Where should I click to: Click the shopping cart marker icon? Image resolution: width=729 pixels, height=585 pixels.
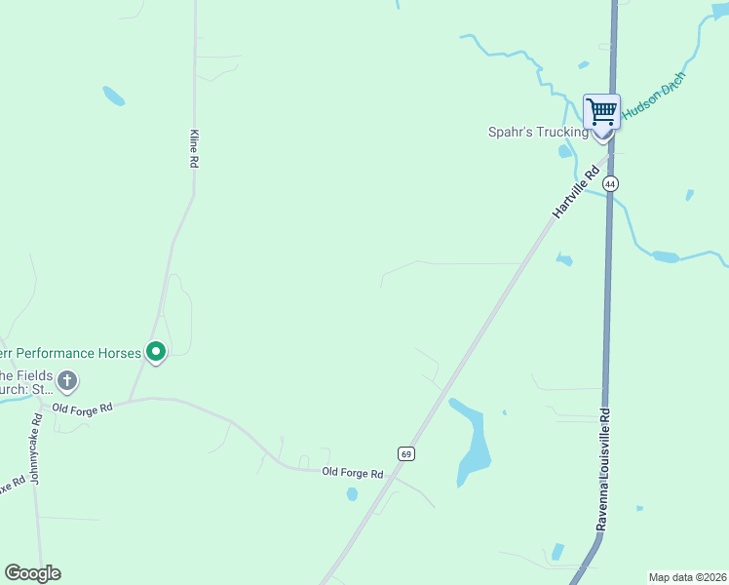click(601, 113)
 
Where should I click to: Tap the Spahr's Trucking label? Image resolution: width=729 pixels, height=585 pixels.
click(538, 133)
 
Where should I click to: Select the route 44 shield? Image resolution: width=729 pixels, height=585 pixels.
click(610, 183)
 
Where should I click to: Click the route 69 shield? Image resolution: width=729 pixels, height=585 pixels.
click(406, 453)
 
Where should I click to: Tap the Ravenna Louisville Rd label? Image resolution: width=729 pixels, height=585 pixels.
click(604, 469)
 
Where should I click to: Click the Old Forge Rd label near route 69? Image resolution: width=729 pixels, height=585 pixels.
click(352, 473)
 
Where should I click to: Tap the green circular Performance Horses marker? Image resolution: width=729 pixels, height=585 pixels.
click(155, 351)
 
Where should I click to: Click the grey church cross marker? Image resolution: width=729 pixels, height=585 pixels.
click(67, 380)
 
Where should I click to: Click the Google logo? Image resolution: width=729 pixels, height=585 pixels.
click(32, 573)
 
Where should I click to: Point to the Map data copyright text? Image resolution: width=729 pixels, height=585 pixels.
click(687, 577)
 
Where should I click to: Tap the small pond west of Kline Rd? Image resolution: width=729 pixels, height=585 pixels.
click(114, 96)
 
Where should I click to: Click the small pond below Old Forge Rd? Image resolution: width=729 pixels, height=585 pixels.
click(352, 494)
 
